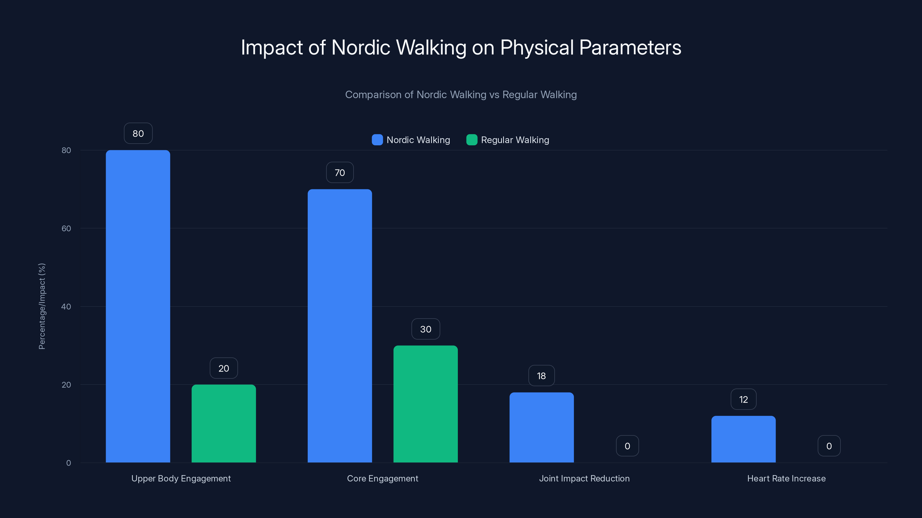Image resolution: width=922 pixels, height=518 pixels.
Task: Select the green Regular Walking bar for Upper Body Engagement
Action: (224, 423)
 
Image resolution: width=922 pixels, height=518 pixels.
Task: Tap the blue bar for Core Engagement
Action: (340, 326)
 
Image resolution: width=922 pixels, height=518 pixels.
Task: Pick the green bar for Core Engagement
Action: (426, 404)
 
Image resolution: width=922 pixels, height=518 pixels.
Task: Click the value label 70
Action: (340, 173)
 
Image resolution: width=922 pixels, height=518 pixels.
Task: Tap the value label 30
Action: (426, 329)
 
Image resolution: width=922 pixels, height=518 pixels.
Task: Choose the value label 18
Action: (541, 376)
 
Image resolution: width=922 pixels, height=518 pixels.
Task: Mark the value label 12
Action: (743, 399)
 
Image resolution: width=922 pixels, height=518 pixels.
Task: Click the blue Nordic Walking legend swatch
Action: (377, 140)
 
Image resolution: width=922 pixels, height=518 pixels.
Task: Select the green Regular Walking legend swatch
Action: (472, 140)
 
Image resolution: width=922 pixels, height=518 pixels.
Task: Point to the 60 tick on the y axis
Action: (66, 228)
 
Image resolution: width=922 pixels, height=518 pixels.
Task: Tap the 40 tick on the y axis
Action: (66, 306)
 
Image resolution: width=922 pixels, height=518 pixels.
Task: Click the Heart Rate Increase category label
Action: (786, 478)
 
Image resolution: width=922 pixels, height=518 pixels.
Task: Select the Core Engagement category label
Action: (383, 478)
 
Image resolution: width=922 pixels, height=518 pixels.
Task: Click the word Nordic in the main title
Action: (361, 47)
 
